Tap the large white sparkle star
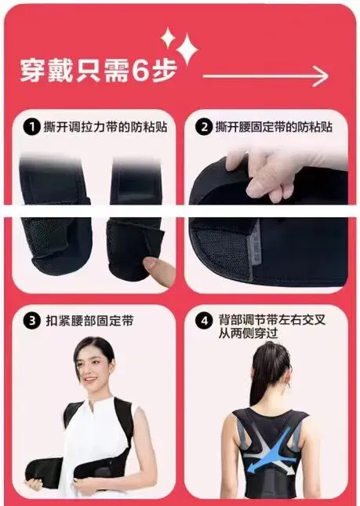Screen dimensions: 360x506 [x=187, y=49]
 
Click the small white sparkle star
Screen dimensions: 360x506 [x=168, y=38]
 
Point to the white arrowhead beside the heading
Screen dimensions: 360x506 [x=320, y=76]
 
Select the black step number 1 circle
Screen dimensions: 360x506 [x=31, y=127]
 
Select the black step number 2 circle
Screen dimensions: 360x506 [x=204, y=127]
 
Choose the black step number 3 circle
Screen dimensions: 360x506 [x=32, y=321]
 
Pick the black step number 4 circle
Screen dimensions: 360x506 [x=204, y=322]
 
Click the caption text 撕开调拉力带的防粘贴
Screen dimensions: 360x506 [x=105, y=127]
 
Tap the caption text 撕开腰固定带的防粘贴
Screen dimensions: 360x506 [x=274, y=127]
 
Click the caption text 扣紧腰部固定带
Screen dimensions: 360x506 [x=89, y=321]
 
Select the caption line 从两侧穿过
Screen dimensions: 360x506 [x=248, y=333]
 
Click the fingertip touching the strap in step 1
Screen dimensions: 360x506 [x=151, y=264]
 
